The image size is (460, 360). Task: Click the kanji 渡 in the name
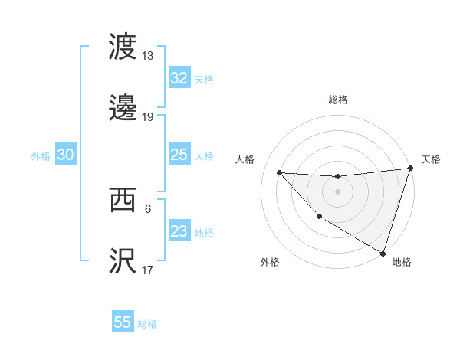123,47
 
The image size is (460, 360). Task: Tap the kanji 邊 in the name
123,109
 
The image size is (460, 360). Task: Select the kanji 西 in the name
123,200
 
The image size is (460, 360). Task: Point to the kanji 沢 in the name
123,261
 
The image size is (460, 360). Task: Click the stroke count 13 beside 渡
148,56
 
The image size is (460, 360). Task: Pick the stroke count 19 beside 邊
148,117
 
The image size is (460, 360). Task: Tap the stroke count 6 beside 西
148,208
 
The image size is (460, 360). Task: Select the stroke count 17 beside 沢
148,270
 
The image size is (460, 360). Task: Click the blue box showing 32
179,78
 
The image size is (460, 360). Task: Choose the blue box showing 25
179,155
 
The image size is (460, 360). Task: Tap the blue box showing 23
179,231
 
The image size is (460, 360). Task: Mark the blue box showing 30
65,155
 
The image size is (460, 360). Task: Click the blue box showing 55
123,322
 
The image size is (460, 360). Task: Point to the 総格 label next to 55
148,324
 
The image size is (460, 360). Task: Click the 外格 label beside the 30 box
41,156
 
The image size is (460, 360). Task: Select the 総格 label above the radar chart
338,100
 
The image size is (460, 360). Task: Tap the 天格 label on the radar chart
431,159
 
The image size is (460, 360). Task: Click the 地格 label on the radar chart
402,262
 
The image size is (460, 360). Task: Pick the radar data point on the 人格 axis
279,172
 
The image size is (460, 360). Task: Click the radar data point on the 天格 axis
410,169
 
